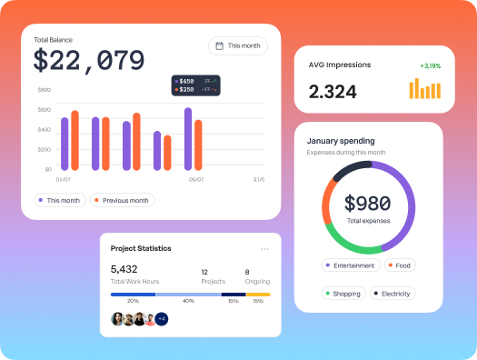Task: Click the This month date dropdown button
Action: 238,45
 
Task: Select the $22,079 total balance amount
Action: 89,61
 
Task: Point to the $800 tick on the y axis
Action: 45,90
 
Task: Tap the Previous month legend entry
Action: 123,200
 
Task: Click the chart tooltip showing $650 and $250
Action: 197,85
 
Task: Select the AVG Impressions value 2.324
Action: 333,91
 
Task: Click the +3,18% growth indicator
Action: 431,65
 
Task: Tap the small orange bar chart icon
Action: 424,88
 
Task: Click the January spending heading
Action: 341,141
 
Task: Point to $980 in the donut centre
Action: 368,204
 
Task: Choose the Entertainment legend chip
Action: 349,265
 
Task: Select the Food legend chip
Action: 400,265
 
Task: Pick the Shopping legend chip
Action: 343,294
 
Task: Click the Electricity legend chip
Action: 392,294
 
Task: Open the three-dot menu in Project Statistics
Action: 264,248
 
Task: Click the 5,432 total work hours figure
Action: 124,270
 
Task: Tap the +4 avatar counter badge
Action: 162,319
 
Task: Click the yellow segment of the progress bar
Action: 258,295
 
